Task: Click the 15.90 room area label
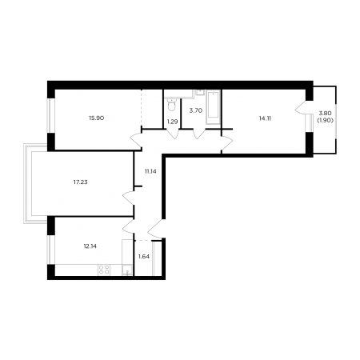(x=97, y=118)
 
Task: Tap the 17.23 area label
(x=81, y=182)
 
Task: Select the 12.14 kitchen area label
(x=90, y=246)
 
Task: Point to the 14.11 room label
(x=265, y=118)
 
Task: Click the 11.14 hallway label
(x=150, y=171)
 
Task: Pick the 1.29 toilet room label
(x=172, y=122)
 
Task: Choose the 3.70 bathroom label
(x=196, y=110)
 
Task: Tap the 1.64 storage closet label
(x=144, y=257)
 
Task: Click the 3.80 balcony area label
(x=325, y=113)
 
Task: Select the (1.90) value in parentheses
(x=325, y=120)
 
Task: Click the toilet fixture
(x=171, y=105)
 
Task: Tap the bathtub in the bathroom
(x=214, y=107)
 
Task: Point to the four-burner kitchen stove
(x=104, y=270)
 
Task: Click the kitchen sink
(x=127, y=270)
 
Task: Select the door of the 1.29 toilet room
(x=173, y=134)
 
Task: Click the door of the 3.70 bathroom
(x=199, y=134)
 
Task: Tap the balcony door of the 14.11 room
(x=301, y=108)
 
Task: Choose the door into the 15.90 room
(x=136, y=140)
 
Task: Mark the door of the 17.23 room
(x=128, y=198)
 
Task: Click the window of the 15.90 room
(x=49, y=115)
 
